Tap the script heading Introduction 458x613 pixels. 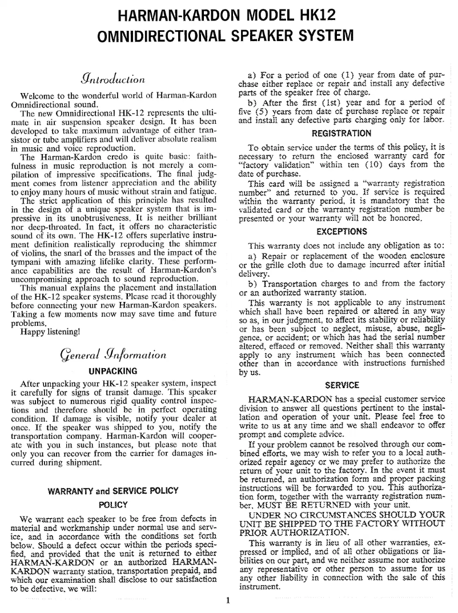coord(113,78)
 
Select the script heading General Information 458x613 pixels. coord(113,354)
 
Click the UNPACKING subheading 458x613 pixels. coord(113,370)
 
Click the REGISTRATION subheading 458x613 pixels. coord(342,134)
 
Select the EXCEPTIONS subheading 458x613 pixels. coord(342,232)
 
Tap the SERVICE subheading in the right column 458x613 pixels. coord(342,385)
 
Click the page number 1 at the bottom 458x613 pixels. coord(228,600)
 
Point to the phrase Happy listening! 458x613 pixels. coord(50,330)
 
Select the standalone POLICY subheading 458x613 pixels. coord(113,505)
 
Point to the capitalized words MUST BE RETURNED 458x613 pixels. coord(320,505)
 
